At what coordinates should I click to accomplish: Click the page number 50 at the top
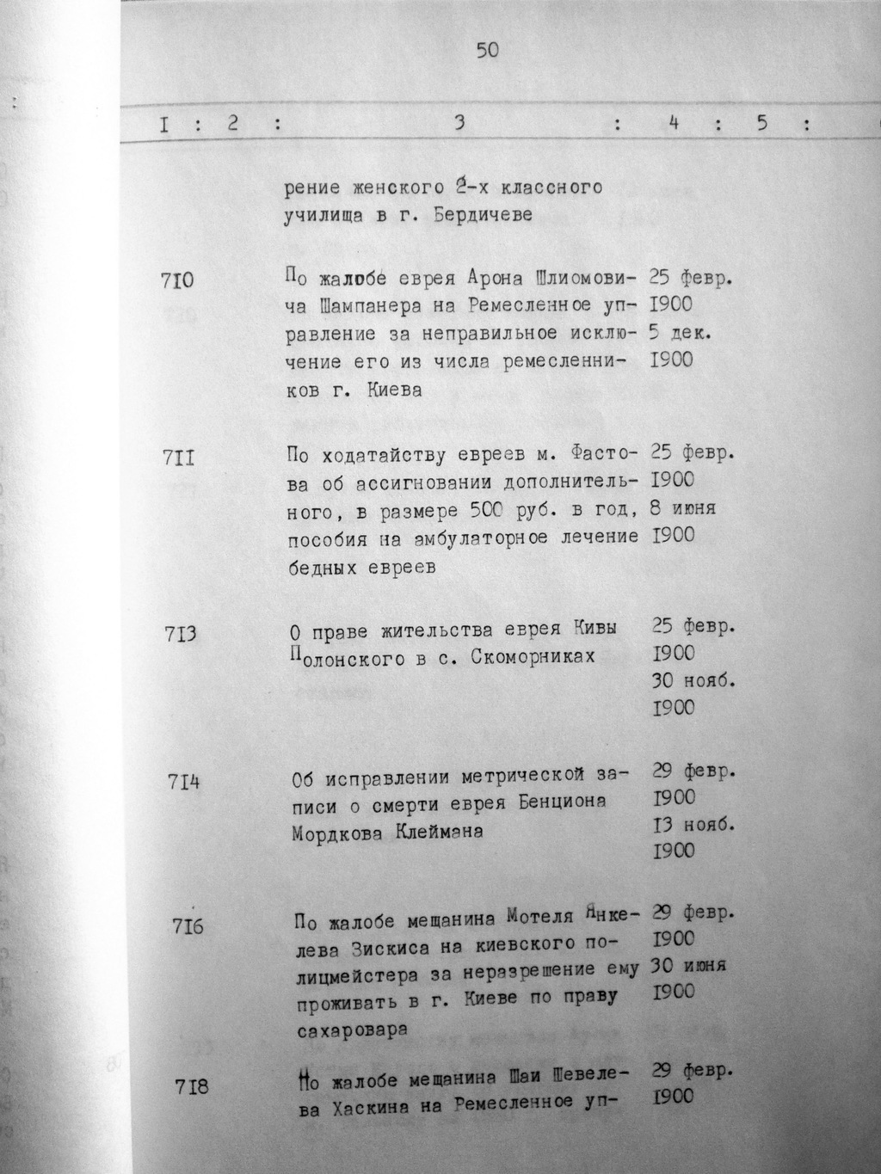(x=487, y=51)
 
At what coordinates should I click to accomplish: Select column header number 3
(x=460, y=124)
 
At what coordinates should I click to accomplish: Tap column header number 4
(x=675, y=124)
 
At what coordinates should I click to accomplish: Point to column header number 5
(x=761, y=124)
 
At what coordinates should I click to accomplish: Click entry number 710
(x=177, y=280)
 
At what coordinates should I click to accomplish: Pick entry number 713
(x=180, y=635)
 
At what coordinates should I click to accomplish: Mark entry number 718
(x=191, y=1087)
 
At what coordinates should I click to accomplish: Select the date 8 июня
(x=683, y=508)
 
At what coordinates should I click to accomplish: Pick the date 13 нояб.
(x=694, y=824)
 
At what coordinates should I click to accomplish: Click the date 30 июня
(x=690, y=965)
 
